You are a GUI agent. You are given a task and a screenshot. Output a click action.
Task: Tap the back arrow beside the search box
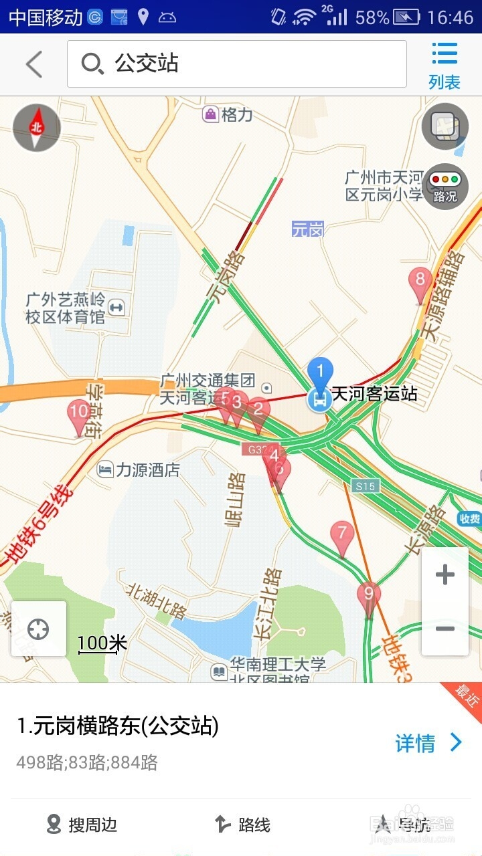[x=34, y=65]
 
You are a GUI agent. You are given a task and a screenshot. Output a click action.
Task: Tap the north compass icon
[x=37, y=127]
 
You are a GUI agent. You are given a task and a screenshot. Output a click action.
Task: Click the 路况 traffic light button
[x=445, y=187]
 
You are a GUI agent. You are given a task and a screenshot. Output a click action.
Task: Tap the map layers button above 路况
[x=445, y=126]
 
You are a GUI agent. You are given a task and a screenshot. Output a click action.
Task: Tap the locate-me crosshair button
[x=39, y=629]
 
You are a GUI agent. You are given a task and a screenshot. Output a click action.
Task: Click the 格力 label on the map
[x=229, y=114]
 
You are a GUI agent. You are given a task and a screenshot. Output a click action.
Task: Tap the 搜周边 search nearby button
[x=82, y=825]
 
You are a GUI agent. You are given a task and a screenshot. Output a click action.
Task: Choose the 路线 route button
[x=242, y=825]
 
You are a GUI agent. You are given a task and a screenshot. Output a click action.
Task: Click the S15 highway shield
[x=366, y=486]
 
